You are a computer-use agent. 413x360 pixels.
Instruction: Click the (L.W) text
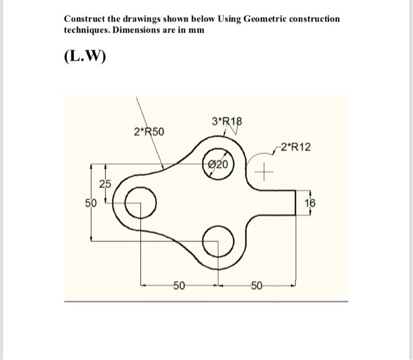83,58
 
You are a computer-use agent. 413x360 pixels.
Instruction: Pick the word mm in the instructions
197,30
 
